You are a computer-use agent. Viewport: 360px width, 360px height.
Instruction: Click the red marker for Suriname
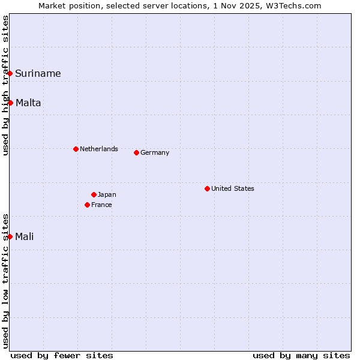(x=10, y=73)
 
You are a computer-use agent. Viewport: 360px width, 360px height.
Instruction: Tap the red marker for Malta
(x=10, y=103)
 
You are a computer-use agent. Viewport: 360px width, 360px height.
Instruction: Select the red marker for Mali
(x=10, y=236)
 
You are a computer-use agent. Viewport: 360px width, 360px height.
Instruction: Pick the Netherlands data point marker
(x=76, y=149)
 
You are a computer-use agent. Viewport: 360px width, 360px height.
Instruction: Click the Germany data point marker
(x=136, y=152)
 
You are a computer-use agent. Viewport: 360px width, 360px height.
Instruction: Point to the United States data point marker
(x=207, y=188)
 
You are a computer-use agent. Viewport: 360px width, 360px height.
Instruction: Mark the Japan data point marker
(x=94, y=194)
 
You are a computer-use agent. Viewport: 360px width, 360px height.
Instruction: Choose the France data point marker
(x=87, y=205)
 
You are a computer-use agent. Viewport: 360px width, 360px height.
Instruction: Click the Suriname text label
(x=38, y=73)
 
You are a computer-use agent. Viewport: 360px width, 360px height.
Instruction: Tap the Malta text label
(x=28, y=103)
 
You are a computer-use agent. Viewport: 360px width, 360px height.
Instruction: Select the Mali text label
(x=25, y=236)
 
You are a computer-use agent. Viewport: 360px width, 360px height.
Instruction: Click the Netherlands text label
(x=99, y=149)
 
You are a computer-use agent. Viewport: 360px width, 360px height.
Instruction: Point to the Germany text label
(x=155, y=152)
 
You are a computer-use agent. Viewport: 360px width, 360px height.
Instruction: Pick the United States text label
(x=233, y=188)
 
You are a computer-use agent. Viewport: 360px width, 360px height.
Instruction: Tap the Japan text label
(x=107, y=194)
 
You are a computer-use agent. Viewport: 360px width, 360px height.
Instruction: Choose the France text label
(x=101, y=205)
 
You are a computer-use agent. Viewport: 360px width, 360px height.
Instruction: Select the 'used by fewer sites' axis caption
(x=62, y=355)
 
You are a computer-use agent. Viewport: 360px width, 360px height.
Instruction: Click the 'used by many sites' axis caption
(x=301, y=355)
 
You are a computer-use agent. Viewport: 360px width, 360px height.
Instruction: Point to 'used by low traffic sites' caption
(x=6, y=281)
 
